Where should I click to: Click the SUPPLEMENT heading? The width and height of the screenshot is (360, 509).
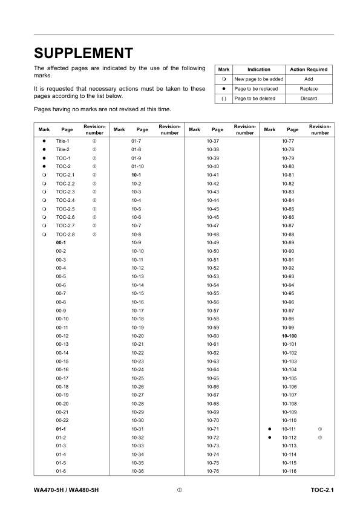coord(83,53)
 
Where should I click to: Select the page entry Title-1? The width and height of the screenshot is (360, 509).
coord(64,140)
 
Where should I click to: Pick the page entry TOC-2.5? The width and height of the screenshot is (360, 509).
coord(65,208)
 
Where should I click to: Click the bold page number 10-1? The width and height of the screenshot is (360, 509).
coord(136,173)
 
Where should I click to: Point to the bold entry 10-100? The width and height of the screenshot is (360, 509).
coord(289,336)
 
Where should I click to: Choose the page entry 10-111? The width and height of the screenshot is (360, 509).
coord(289,429)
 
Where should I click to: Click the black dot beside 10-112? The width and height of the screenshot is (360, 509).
coord(269,437)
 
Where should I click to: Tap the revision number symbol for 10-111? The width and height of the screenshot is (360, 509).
coord(319,429)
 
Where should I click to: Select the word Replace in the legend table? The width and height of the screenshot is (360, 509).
coord(309,88)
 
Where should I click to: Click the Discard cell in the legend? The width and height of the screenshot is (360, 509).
coord(309,99)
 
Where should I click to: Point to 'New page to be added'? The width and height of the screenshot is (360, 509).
coord(258,79)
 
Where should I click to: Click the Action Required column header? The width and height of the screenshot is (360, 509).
coord(309,70)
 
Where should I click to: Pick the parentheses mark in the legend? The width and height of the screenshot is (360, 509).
coord(224,99)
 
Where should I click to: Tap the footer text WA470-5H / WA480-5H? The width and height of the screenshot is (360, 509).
coord(67,488)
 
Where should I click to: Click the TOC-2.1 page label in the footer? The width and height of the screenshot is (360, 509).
coord(322,488)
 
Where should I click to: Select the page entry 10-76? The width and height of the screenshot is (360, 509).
coord(212,471)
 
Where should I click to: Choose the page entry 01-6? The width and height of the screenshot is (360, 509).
coord(61,471)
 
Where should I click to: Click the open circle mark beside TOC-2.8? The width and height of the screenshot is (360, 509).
coord(44,233)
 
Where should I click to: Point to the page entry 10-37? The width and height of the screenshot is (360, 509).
coord(212,140)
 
